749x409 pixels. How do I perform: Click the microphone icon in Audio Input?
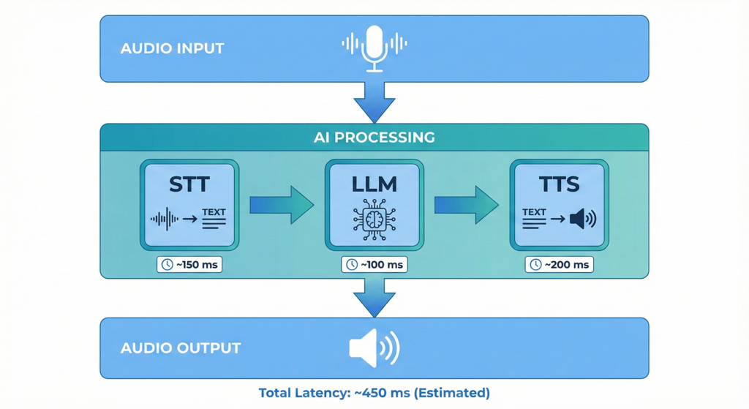point(374,46)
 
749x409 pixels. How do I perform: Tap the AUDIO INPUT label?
point(172,49)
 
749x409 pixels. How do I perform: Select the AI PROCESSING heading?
point(374,138)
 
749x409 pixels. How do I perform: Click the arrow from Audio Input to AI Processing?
point(374,101)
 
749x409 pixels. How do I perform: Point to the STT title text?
point(189,184)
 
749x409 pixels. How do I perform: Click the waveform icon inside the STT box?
point(165,219)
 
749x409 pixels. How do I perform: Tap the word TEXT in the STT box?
point(214,212)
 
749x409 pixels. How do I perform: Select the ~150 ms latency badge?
point(189,264)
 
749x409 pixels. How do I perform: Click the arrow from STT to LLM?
point(282,205)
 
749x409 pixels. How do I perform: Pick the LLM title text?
point(374,184)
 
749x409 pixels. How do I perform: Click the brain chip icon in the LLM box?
point(374,219)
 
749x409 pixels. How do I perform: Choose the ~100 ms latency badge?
point(374,264)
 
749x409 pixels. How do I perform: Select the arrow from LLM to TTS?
point(467,205)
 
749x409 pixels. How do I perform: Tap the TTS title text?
point(559,184)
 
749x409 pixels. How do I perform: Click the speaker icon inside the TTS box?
point(583,218)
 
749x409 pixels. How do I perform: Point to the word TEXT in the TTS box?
point(534,212)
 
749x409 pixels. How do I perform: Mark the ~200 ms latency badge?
point(559,264)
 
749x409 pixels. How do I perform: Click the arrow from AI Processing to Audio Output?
point(374,296)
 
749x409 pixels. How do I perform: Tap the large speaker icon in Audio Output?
point(374,348)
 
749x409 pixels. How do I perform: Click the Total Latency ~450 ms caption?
point(374,393)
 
